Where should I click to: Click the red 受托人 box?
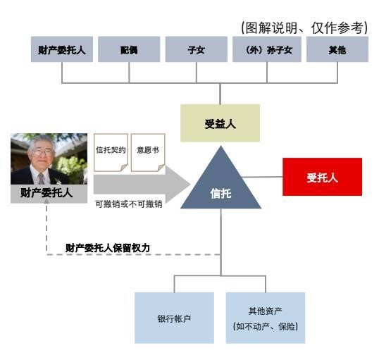pyautogui.click(x=322, y=177)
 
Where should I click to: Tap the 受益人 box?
pyautogui.click(x=220, y=123)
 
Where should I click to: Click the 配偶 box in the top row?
pyautogui.click(x=129, y=49)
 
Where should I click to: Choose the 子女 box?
pyautogui.click(x=197, y=49)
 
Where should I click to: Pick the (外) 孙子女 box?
pyautogui.click(x=267, y=49)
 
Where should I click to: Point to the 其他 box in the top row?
pyautogui.click(x=337, y=49)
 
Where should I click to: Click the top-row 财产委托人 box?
pyautogui.click(x=62, y=49)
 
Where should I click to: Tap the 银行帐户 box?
pyautogui.click(x=174, y=318)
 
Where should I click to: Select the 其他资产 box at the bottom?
pyautogui.click(x=266, y=318)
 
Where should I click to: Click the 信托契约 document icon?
pyautogui.click(x=111, y=153)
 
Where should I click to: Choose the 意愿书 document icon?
pyautogui.click(x=148, y=153)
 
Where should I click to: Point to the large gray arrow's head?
pyautogui.click(x=178, y=185)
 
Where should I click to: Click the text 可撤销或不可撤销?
pyautogui.click(x=129, y=204)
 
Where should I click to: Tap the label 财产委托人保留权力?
pyautogui.click(x=108, y=248)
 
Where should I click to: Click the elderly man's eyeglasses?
pyautogui.click(x=42, y=153)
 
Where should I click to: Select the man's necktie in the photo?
pyautogui.click(x=42, y=178)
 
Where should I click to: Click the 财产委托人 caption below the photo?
pyautogui.click(x=46, y=193)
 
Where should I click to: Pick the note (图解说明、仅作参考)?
pyautogui.click(x=304, y=27)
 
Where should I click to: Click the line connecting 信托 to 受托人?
pyautogui.click(x=262, y=177)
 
